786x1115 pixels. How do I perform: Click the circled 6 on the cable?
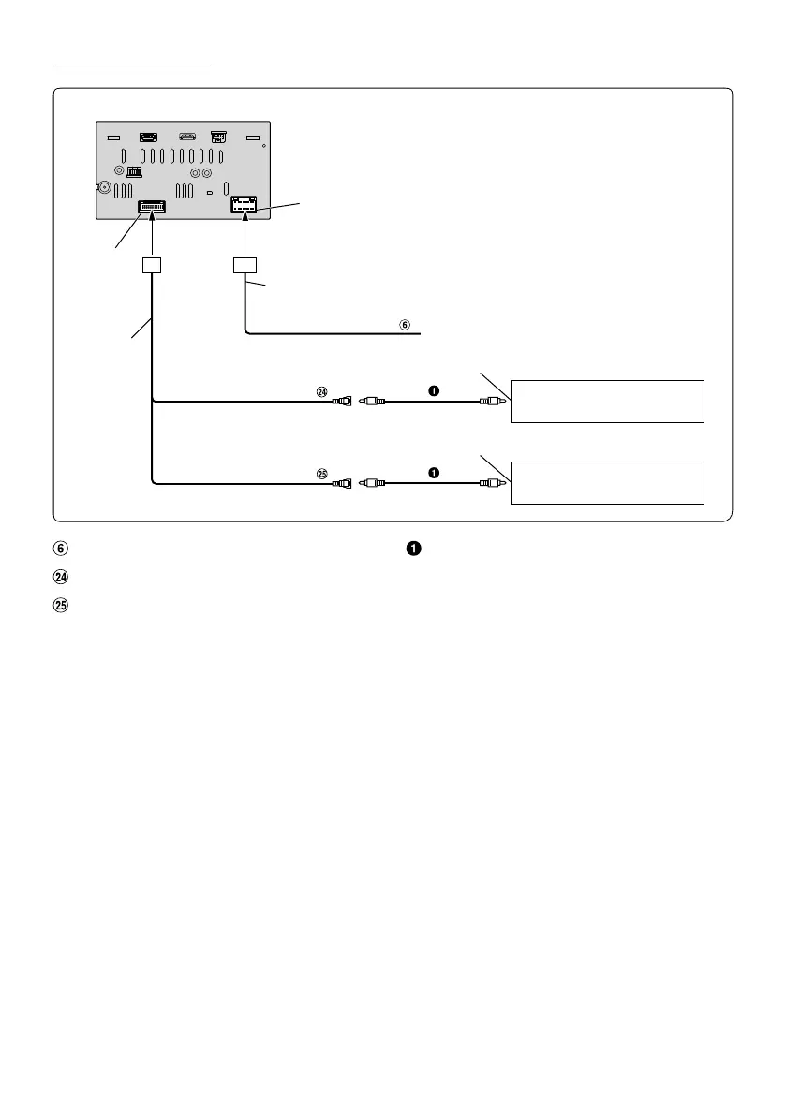pos(405,326)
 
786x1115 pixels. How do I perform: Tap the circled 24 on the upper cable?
pos(322,393)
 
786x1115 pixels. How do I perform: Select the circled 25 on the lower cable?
pos(322,475)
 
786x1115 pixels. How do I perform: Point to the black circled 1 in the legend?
pos(414,548)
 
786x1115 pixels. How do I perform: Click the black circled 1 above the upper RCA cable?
pos(434,390)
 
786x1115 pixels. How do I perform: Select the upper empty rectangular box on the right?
pos(607,402)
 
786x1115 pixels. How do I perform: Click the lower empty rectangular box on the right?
pos(607,482)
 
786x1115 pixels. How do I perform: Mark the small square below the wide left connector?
pos(153,267)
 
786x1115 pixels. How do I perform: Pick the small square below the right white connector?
pos(245,267)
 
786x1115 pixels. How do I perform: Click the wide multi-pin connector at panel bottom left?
pos(152,209)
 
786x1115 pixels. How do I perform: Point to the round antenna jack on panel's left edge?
pos(103,187)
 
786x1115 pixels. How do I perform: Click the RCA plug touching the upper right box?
pos(493,403)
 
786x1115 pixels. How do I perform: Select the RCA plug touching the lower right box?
pos(493,484)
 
